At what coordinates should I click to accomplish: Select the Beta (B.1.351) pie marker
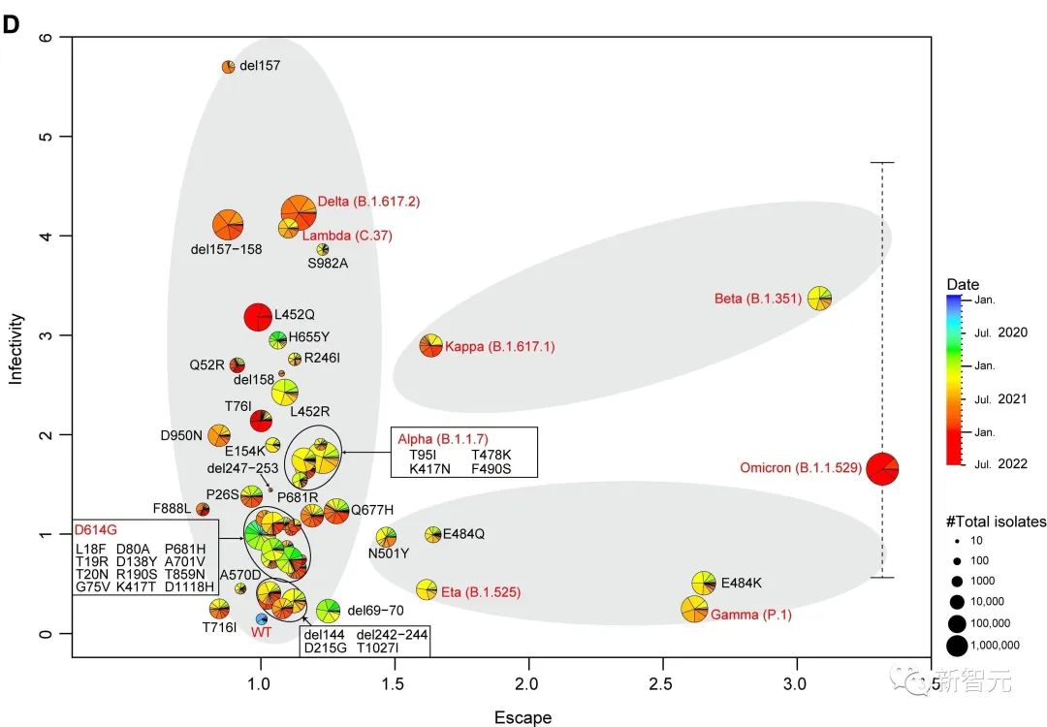(x=819, y=298)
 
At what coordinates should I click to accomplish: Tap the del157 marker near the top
(x=229, y=67)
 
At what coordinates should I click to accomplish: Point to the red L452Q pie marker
(x=257, y=317)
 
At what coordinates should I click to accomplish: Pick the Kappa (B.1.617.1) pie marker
(x=431, y=345)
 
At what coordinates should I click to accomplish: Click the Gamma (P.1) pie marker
(x=694, y=609)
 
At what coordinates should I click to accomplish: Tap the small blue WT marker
(x=261, y=618)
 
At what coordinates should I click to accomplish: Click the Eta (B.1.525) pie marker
(x=426, y=589)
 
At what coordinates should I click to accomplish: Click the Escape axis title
(x=523, y=717)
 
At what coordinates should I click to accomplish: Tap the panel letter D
(x=12, y=24)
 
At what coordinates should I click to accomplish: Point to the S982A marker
(x=323, y=249)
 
